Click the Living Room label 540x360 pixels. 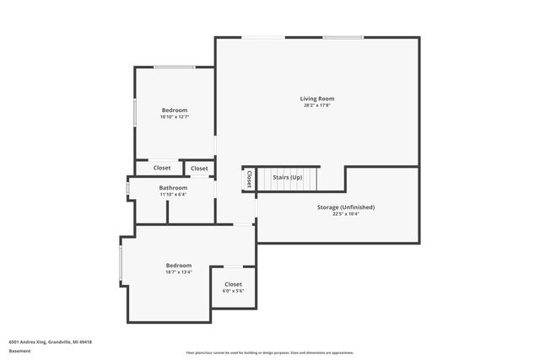click(x=317, y=99)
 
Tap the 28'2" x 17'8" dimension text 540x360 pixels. click(x=317, y=105)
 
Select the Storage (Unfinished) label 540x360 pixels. click(x=346, y=207)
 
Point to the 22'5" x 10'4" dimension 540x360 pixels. click(x=346, y=213)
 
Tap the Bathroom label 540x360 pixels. click(x=173, y=187)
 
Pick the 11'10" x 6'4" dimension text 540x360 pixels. click(x=173, y=194)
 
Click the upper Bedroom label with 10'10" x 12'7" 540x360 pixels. click(x=174, y=110)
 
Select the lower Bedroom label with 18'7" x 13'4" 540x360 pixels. click(x=179, y=265)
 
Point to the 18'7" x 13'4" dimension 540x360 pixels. click(x=179, y=271)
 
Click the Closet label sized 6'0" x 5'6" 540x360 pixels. click(x=233, y=284)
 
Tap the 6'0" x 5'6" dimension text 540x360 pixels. click(x=233, y=291)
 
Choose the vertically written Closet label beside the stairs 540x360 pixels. click(x=249, y=179)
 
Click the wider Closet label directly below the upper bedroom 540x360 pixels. click(x=162, y=168)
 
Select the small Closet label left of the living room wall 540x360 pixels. click(x=199, y=168)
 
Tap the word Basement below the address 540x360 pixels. click(x=19, y=352)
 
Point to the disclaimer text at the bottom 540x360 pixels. click(x=269, y=352)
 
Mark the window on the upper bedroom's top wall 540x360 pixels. click(x=175, y=67)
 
